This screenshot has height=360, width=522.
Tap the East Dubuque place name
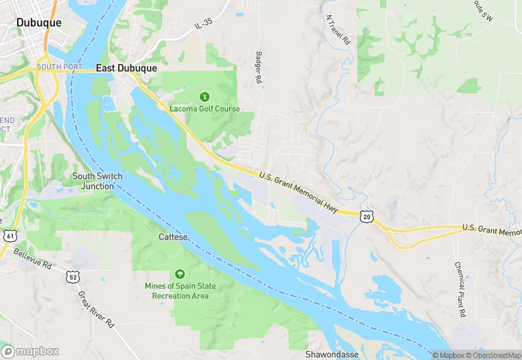tap(126, 68)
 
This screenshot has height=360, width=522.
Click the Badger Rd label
tap(259, 68)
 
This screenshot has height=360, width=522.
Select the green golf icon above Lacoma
tap(204, 96)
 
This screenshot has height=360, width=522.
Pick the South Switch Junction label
tap(97, 181)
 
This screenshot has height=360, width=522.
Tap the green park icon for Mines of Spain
tap(180, 274)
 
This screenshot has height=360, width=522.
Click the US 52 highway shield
tap(73, 276)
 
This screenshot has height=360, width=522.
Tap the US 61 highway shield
tap(9, 236)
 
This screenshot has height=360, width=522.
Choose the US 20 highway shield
tap(367, 216)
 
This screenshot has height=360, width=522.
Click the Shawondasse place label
tap(332, 355)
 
